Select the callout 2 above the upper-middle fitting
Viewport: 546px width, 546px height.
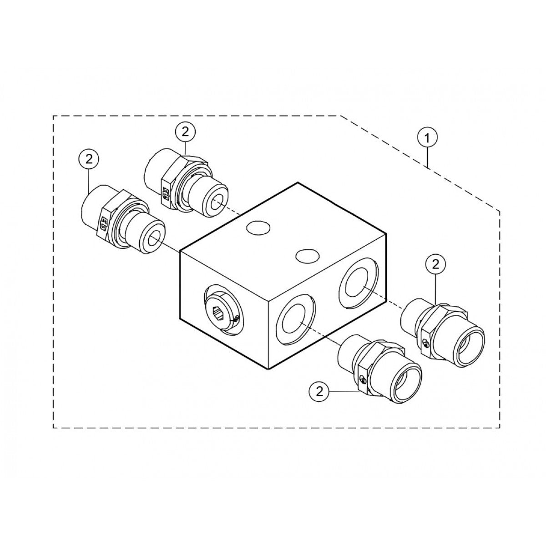tap(185, 131)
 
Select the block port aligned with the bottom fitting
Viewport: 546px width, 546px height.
tap(295, 318)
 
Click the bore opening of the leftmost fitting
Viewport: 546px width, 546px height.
tap(155, 238)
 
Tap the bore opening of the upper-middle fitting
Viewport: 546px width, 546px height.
tap(217, 200)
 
